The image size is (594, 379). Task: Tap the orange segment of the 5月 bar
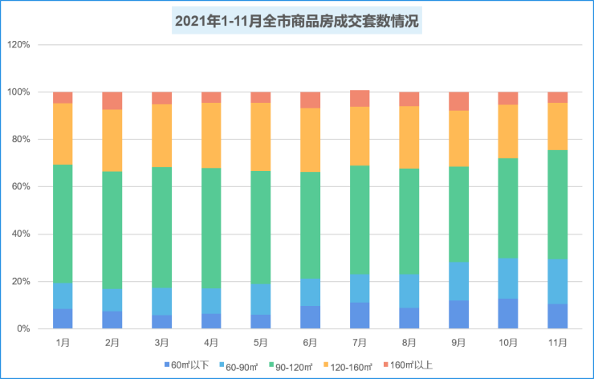coord(261,137)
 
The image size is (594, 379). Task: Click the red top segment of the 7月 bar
coord(360,98)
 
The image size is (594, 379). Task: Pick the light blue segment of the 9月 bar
coord(459,281)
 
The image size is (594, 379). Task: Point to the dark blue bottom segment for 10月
coord(508,313)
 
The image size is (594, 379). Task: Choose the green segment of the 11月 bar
coord(558,205)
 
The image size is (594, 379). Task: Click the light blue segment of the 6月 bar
coord(311,292)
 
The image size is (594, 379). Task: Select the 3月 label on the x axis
coord(161,342)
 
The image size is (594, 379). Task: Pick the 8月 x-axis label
coord(409,342)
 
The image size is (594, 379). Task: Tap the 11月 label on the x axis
coord(558,342)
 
